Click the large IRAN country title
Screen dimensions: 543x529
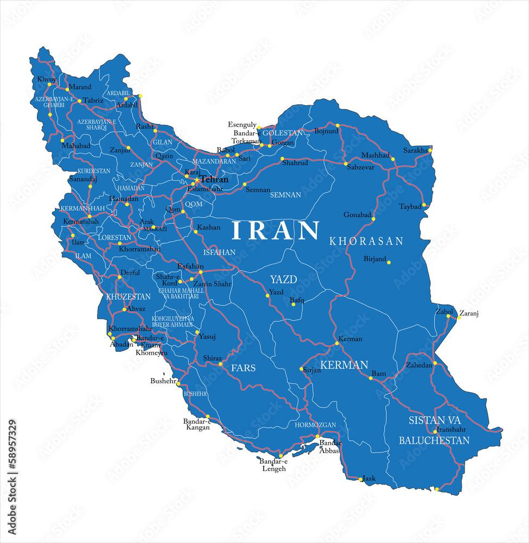[276, 230]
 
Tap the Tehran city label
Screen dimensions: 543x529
[214, 179]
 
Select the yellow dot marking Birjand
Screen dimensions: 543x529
[389, 262]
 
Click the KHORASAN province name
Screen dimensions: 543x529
[366, 241]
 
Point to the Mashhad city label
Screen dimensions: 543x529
[375, 155]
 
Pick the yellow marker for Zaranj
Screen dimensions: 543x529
[458, 317]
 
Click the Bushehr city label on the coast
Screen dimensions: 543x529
[163, 381]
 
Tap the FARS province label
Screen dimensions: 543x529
[243, 368]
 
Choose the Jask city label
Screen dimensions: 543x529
[369, 478]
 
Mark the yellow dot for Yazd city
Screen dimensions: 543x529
[267, 295]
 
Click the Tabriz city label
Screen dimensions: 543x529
[93, 100]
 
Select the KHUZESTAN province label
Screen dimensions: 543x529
[128, 296]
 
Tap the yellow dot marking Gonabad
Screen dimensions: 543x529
[374, 219]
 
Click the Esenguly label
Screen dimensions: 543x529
[242, 125]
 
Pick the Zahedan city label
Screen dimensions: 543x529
[419, 365]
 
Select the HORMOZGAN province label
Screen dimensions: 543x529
[315, 425]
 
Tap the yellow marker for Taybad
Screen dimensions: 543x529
[424, 205]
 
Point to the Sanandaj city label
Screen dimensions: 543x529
[82, 179]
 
